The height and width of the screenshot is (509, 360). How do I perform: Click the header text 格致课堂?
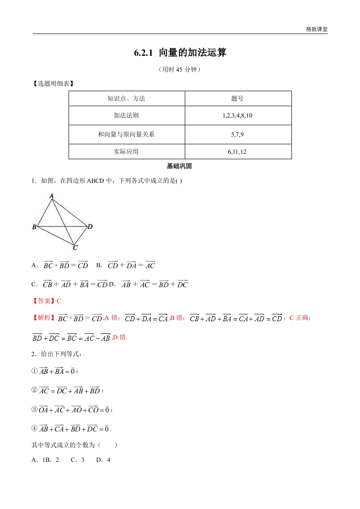pyautogui.click(x=316, y=29)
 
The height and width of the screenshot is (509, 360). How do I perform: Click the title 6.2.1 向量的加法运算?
pyautogui.click(x=180, y=53)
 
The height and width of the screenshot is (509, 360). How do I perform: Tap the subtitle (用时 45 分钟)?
pyautogui.click(x=180, y=70)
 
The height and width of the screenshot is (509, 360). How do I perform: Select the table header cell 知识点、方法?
pyautogui.click(x=127, y=98)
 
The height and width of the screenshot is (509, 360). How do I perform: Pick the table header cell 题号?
pyautogui.click(x=238, y=98)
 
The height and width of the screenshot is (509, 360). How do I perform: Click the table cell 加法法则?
pyautogui.click(x=127, y=116)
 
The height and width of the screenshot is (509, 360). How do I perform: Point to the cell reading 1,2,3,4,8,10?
pyautogui.click(x=238, y=116)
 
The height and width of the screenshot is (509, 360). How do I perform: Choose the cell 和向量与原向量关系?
pyautogui.click(x=127, y=134)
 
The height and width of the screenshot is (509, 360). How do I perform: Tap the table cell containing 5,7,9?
pyautogui.click(x=238, y=134)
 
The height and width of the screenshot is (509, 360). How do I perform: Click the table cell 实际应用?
pyautogui.click(x=127, y=152)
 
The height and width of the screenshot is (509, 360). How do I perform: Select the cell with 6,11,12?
pyautogui.click(x=238, y=152)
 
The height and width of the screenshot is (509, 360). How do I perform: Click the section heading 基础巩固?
pyautogui.click(x=180, y=166)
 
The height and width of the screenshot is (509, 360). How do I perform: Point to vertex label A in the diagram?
pyautogui.click(x=52, y=196)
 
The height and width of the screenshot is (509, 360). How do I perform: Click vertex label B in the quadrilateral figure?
pyautogui.click(x=34, y=227)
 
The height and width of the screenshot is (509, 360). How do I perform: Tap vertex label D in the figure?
pyautogui.click(x=90, y=226)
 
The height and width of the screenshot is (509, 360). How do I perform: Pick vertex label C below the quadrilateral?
pyautogui.click(x=75, y=248)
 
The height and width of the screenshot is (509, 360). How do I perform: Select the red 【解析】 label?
pyautogui.click(x=43, y=318)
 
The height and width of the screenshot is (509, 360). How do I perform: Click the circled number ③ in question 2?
pyautogui.click(x=34, y=409)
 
